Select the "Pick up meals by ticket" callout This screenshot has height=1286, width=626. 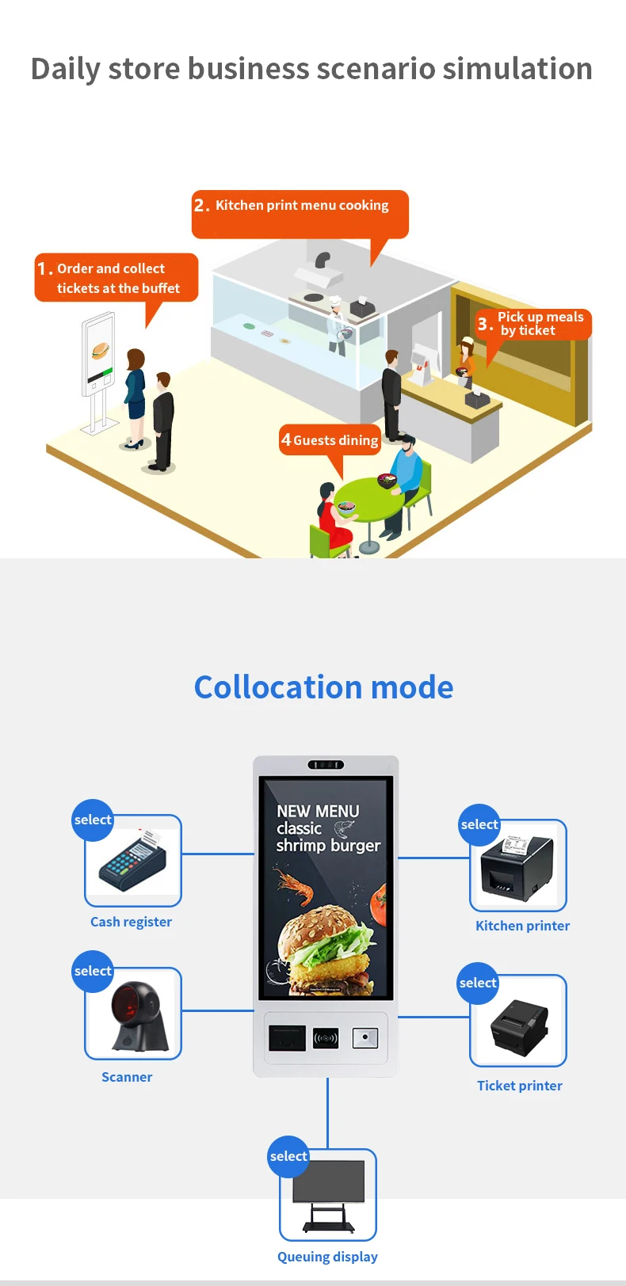pyautogui.click(x=532, y=324)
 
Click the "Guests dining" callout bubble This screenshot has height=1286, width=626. pyautogui.click(x=330, y=440)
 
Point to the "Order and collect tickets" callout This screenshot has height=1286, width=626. pyautogui.click(x=116, y=278)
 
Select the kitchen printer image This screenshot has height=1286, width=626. pyautogui.click(x=517, y=866)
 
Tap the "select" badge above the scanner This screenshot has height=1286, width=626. pyautogui.click(x=93, y=972)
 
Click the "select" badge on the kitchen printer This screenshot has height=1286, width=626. pyautogui.click(x=479, y=825)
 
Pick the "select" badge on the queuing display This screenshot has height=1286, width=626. pyautogui.click(x=288, y=1156)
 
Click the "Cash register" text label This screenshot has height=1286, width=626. pyautogui.click(x=131, y=922)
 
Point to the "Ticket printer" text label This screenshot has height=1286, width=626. pyautogui.click(x=520, y=1086)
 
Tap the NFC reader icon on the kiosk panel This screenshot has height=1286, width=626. pyautogui.click(x=326, y=1038)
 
